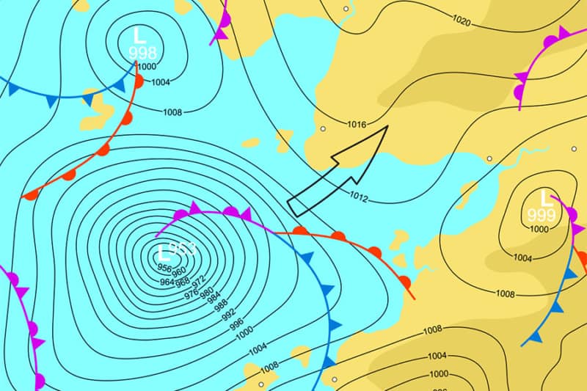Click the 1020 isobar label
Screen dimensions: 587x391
coord(462,21)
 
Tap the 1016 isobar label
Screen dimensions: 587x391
coord(357,124)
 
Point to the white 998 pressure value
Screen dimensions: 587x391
coord(142,52)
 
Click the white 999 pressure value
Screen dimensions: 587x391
coord(542,215)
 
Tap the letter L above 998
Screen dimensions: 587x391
coord(139,34)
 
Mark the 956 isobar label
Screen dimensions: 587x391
coord(166,269)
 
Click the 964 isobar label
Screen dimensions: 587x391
coord(167,282)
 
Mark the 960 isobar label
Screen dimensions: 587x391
coord(179,273)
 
